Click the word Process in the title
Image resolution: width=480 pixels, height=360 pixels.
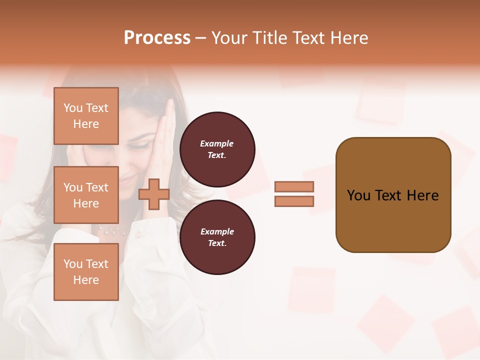point(157,38)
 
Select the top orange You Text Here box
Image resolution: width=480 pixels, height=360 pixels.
point(86,116)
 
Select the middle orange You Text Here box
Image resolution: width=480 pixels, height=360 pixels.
point(86,195)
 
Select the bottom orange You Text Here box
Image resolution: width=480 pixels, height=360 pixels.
point(86,271)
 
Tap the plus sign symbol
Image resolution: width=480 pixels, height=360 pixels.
point(153,194)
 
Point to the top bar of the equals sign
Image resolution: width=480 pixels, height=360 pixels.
point(294,186)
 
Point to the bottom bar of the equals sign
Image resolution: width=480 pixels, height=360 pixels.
point(294,201)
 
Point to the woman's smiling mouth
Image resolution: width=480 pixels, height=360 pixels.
point(131,177)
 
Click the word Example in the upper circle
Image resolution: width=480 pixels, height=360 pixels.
point(217,143)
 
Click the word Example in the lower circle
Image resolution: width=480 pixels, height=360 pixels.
point(217,231)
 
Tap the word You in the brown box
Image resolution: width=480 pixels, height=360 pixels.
point(358,195)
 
